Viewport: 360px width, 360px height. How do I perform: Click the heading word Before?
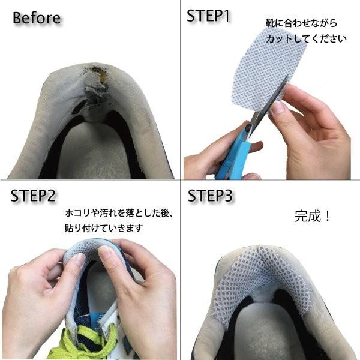(37, 18)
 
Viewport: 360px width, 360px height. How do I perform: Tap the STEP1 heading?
(208, 16)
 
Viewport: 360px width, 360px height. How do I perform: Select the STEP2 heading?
(33, 196)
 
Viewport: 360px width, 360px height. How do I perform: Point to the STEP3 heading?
(210, 196)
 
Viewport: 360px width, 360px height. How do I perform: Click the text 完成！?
(312, 216)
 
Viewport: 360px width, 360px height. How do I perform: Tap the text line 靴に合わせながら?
(301, 23)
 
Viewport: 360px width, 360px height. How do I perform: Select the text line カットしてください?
(306, 38)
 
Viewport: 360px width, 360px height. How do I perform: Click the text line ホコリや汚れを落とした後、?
(118, 213)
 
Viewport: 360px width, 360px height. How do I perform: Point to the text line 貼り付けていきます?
(104, 228)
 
